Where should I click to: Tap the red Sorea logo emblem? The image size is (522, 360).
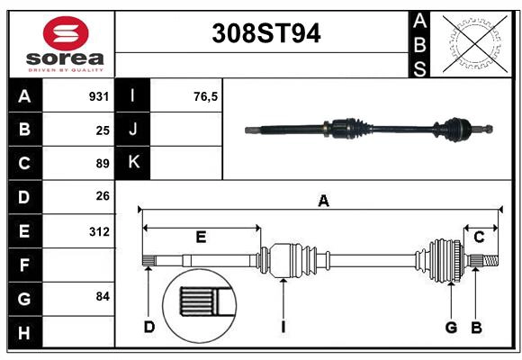click(x=66, y=36)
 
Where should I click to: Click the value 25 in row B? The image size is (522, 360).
click(x=103, y=130)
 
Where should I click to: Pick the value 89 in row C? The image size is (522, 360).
click(x=103, y=164)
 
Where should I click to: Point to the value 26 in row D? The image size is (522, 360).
click(x=103, y=197)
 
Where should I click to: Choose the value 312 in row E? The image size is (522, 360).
click(x=99, y=231)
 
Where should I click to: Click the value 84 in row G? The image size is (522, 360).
click(x=103, y=296)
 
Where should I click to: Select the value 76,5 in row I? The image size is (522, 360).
click(x=206, y=96)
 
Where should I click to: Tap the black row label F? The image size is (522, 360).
click(x=23, y=265)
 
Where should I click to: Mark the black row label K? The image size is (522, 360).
click(x=133, y=163)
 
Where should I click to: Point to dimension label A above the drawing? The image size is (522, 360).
click(x=323, y=202)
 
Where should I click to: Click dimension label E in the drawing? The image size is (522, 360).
click(x=201, y=238)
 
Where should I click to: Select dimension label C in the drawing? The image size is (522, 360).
click(x=480, y=238)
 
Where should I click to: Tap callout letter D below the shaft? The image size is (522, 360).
click(x=149, y=327)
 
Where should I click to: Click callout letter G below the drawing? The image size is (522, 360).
click(x=451, y=327)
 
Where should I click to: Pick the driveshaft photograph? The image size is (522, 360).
click(x=369, y=130)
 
